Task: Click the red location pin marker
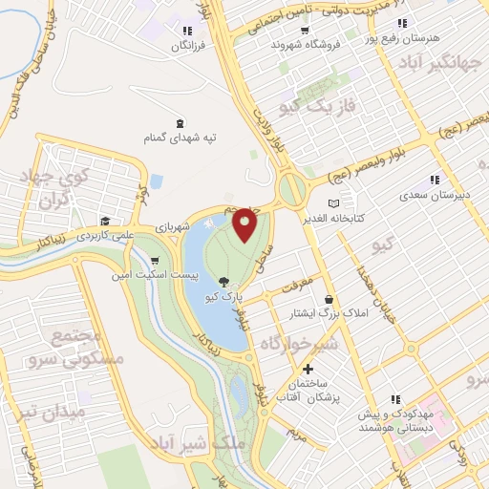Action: click(244, 224)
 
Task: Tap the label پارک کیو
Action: click(223, 297)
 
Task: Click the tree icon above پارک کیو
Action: click(223, 281)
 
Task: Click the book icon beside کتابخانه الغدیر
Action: click(333, 203)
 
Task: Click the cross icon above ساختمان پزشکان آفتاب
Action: click(308, 370)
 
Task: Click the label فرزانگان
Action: click(187, 45)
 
